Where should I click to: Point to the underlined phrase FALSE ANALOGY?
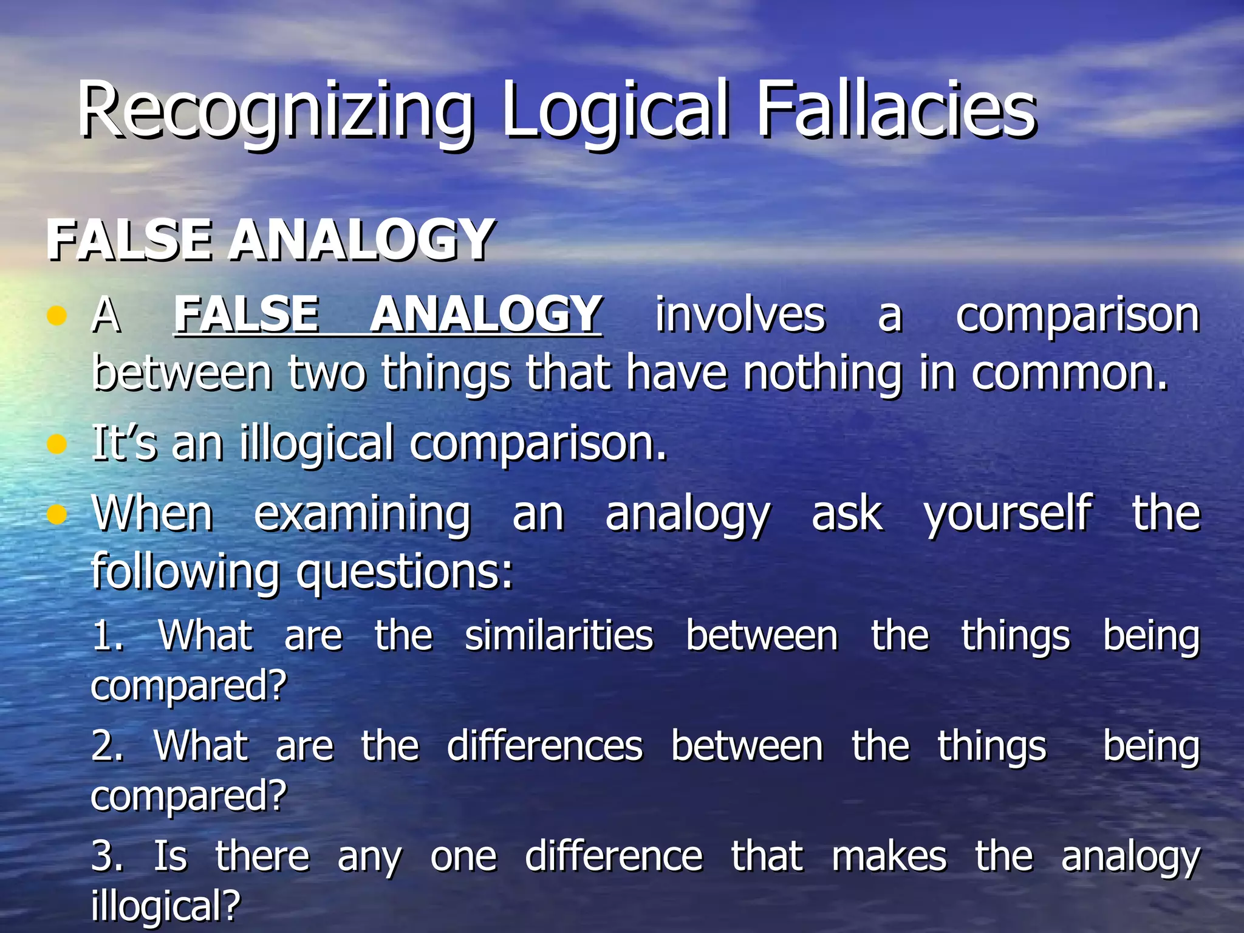[x=388, y=314]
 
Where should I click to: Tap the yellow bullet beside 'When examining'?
[x=56, y=514]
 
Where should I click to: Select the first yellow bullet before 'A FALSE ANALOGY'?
[x=56, y=315]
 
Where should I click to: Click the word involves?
[x=740, y=315]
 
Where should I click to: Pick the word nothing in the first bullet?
[x=823, y=373]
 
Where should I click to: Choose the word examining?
[x=362, y=514]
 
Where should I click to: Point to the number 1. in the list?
[x=108, y=636]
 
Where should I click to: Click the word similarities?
[x=559, y=636]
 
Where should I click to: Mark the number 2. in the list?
[x=108, y=747]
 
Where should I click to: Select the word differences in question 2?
[x=545, y=746]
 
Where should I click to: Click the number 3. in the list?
[x=108, y=856]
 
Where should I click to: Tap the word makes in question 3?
[x=889, y=856]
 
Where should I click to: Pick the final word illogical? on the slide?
[x=165, y=906]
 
